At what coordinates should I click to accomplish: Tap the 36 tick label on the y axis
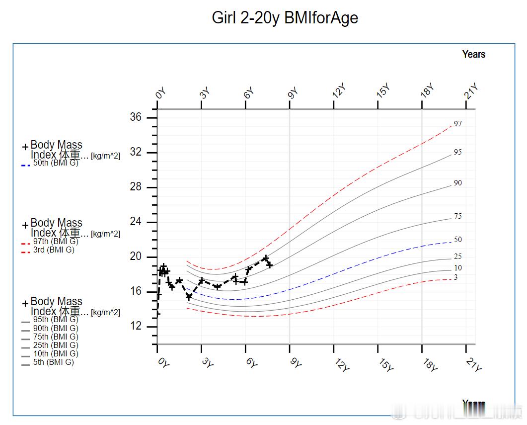[136, 117]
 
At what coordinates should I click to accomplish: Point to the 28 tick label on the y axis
[136, 187]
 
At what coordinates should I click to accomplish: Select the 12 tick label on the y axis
[136, 326]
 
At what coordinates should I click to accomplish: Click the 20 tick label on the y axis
[136, 256]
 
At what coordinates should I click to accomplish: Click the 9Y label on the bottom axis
[296, 363]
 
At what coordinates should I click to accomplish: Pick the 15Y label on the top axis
[383, 91]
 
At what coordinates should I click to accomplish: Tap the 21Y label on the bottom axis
[474, 365]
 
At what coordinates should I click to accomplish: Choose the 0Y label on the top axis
[160, 94]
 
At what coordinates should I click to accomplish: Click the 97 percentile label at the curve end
[458, 124]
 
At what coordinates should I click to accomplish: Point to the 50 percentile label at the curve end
[458, 240]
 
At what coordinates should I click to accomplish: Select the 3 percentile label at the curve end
[456, 277]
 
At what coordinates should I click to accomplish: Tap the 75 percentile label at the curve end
[458, 216]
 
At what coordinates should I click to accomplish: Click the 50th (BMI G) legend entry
[56, 163]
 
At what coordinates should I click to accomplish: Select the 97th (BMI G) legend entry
[56, 242]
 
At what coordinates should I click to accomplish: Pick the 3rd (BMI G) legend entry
[54, 250]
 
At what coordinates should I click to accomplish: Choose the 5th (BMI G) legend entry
[54, 362]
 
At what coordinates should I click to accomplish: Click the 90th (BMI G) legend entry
[56, 329]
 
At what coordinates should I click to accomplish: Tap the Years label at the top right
[473, 54]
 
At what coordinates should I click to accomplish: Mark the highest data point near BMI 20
[266, 258]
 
